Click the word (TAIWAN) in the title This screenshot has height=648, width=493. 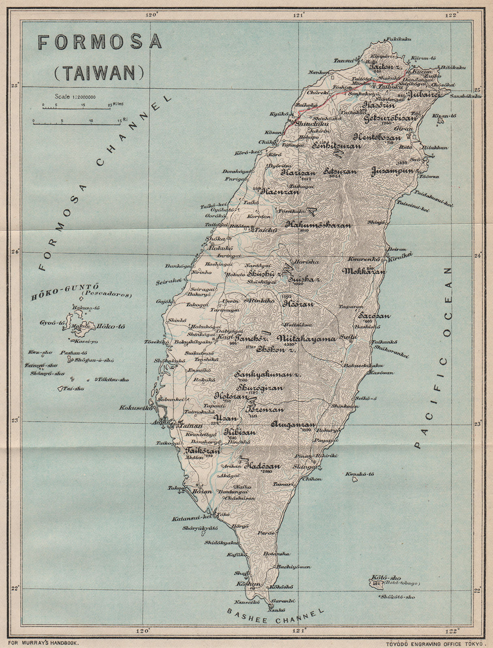pyautogui.click(x=99, y=73)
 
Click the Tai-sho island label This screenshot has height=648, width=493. pyautogui.click(x=74, y=389)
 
